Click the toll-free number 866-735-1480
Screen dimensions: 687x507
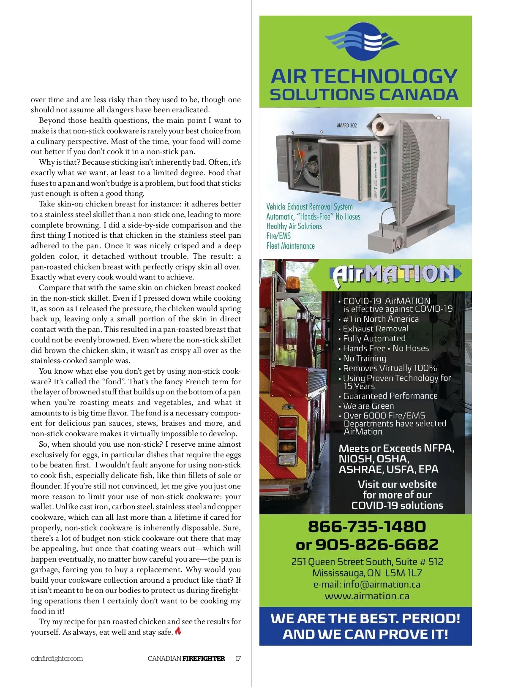[367, 527]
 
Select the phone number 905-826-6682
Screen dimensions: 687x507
[377, 545]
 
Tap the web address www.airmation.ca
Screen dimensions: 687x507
[367, 596]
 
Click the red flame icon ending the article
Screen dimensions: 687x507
[178, 631]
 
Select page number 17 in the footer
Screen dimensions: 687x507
[238, 658]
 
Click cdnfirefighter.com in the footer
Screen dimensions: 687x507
[57, 658]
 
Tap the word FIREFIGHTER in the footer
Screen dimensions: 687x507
[204, 658]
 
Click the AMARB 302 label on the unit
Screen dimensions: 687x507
[347, 125]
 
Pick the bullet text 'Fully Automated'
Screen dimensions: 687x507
[374, 338]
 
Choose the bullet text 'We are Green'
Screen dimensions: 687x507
[368, 406]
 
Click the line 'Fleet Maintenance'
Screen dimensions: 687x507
[290, 246]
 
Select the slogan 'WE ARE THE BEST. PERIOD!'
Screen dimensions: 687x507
[365, 619]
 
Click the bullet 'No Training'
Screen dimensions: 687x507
[365, 358]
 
